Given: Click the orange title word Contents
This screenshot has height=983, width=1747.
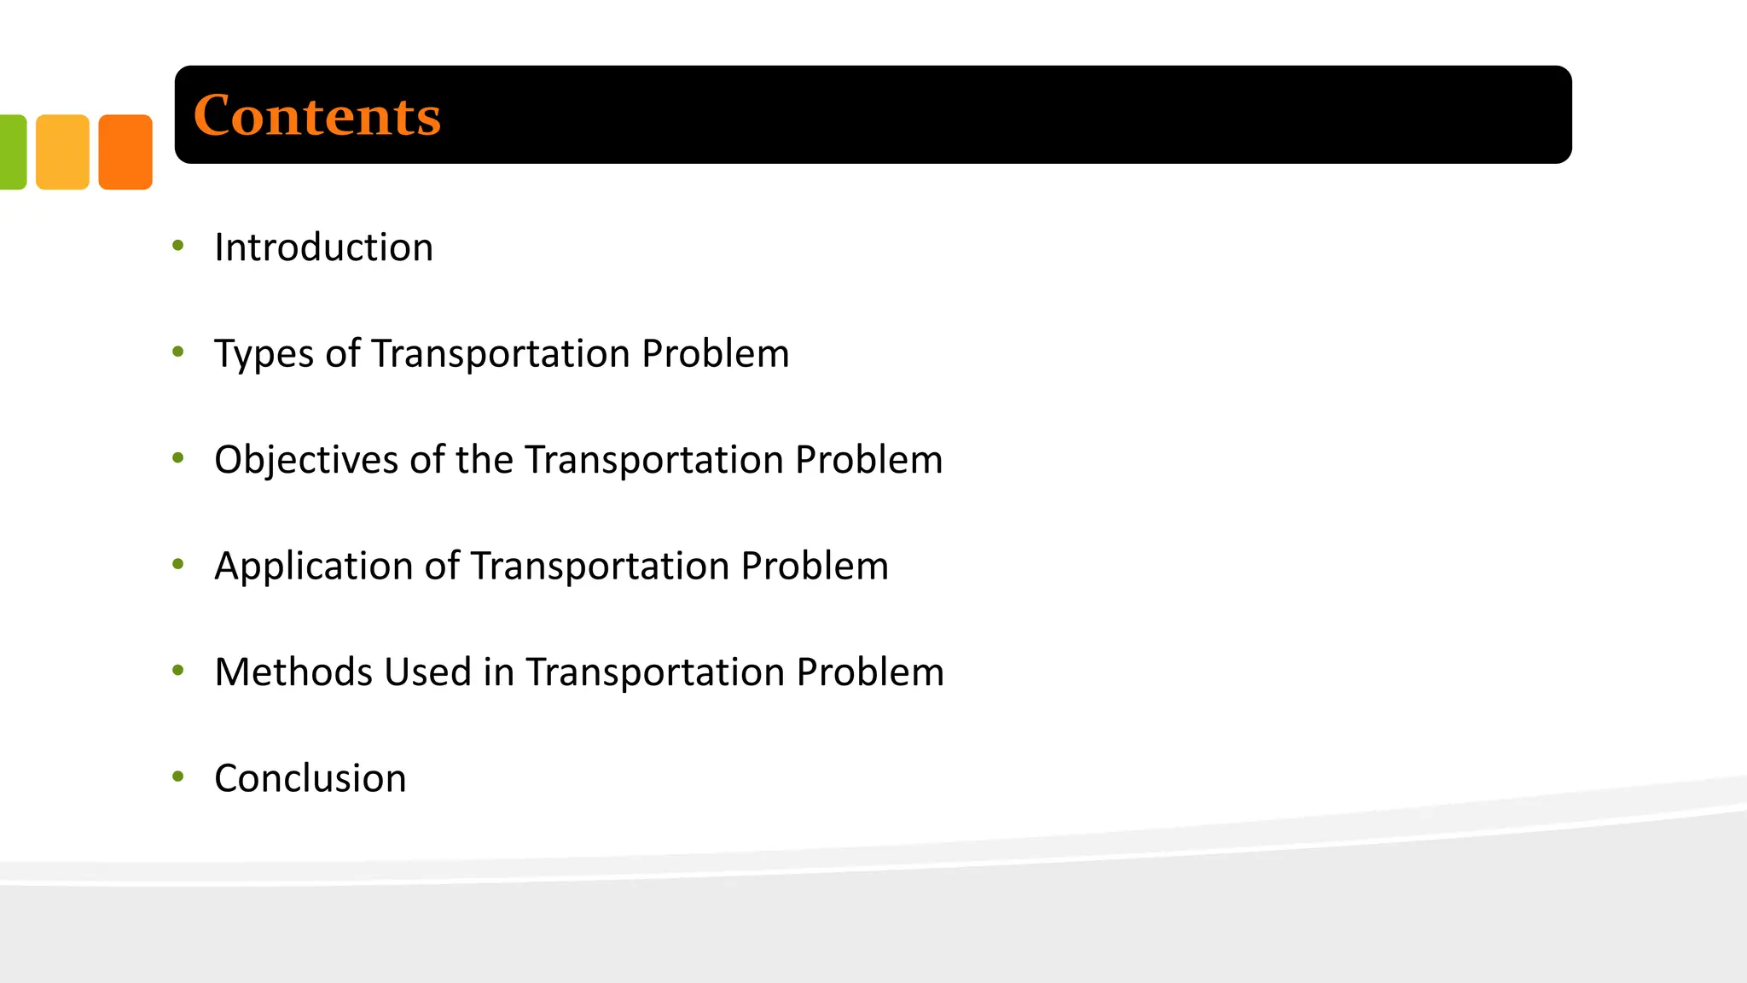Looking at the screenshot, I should click(316, 116).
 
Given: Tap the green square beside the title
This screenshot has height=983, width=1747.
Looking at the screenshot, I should click(12, 152).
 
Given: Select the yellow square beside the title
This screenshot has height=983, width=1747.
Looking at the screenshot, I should click(62, 152).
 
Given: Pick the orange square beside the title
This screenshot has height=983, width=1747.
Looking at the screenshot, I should click(125, 152).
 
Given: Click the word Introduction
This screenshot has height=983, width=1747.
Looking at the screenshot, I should click(323, 247).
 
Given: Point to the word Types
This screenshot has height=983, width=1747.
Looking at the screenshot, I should click(264, 354).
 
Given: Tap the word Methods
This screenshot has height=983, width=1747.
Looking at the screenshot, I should click(293, 672).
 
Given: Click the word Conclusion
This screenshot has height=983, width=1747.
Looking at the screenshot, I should click(310, 778).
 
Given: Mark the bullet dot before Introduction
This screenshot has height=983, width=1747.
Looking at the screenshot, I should click(178, 247).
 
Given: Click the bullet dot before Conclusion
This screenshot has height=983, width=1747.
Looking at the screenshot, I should click(178, 777).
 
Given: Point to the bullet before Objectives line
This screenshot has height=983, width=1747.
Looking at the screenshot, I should click(178, 458).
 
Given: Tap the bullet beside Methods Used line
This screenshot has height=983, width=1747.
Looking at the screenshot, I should click(178, 671).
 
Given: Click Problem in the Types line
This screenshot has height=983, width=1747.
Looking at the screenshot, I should click(715, 354).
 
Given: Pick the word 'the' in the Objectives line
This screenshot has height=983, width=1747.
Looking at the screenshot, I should click(484, 460).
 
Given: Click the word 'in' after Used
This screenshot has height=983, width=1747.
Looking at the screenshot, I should click(498, 672).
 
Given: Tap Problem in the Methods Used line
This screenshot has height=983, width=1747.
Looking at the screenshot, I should click(870, 672).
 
